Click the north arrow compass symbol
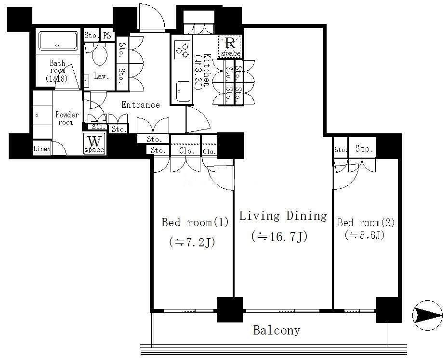tap(428, 315)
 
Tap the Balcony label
tap(277, 330)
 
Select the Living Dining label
tap(283, 216)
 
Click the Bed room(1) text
tap(195, 222)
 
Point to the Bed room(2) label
tap(366, 222)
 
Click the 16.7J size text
tap(279, 237)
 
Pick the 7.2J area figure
tap(192, 243)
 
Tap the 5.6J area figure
tap(365, 235)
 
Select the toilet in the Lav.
tap(100, 54)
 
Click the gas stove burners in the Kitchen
tap(182, 50)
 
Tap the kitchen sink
tap(183, 91)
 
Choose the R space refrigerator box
tap(230, 47)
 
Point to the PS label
tap(107, 36)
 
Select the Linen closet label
tap(42, 149)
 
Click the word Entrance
tap(141, 105)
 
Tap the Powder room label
tap(67, 118)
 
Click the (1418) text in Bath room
tap(57, 78)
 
